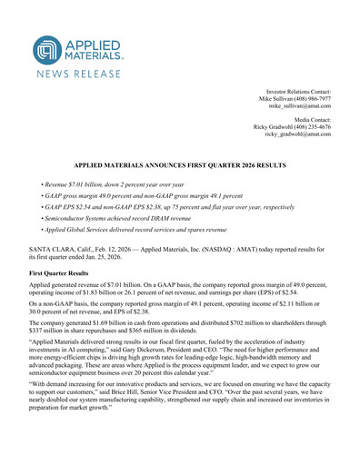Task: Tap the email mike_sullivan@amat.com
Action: (x=298, y=106)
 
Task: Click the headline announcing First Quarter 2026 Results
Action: (x=180, y=169)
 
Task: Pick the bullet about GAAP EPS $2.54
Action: (x=181, y=208)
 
